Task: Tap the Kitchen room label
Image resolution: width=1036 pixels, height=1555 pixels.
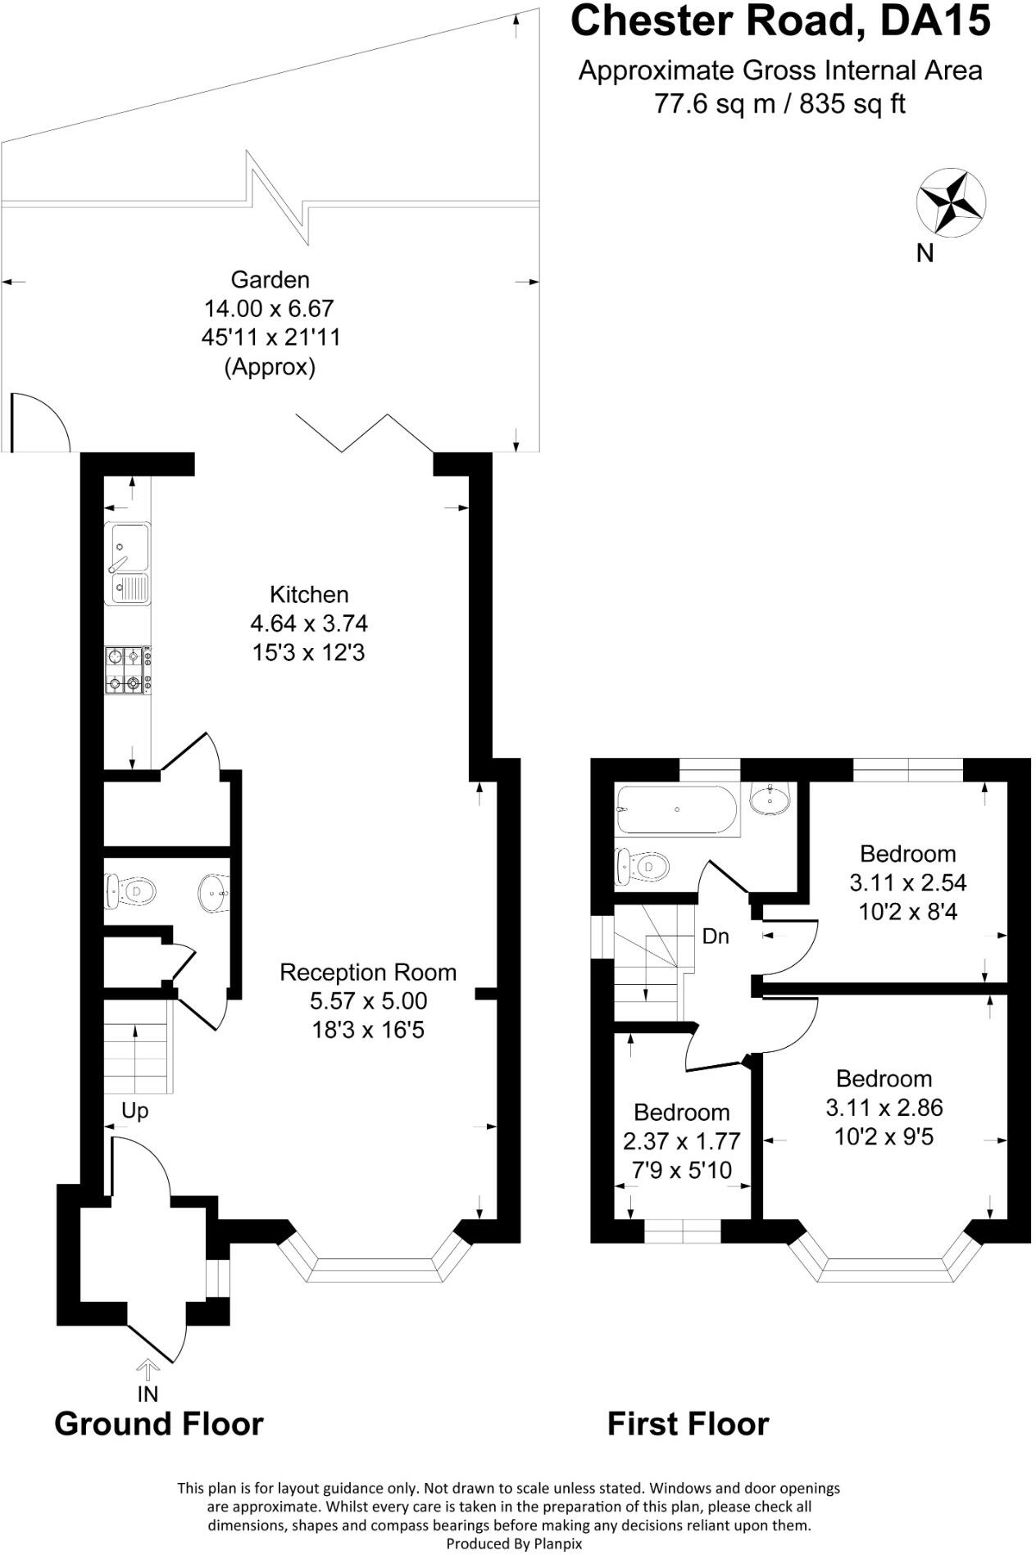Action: pyautogui.click(x=309, y=594)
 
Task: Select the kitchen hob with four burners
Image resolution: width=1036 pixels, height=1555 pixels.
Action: pyautogui.click(x=128, y=670)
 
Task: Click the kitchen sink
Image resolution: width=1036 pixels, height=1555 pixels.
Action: pyautogui.click(x=128, y=563)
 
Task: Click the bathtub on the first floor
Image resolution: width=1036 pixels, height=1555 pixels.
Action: pyautogui.click(x=677, y=809)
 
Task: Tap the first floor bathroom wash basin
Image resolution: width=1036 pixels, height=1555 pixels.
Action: pyautogui.click(x=770, y=798)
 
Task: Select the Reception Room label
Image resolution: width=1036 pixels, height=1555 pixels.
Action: pyautogui.click(x=367, y=972)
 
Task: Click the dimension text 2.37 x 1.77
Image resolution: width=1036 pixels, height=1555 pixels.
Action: pyautogui.click(x=681, y=1141)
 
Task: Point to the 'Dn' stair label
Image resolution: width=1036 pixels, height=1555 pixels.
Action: pyautogui.click(x=716, y=936)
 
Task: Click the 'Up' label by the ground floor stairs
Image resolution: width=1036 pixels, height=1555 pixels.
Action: pyautogui.click(x=134, y=1111)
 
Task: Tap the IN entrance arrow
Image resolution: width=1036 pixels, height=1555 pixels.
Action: pyautogui.click(x=148, y=1370)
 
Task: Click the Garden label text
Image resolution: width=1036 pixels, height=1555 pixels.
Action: pyautogui.click(x=270, y=279)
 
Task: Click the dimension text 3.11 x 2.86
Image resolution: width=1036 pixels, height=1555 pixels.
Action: pyautogui.click(x=884, y=1108)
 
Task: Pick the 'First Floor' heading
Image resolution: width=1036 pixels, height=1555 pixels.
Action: pyautogui.click(x=688, y=1425)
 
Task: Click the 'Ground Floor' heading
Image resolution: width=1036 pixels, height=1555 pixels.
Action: pyautogui.click(x=158, y=1425)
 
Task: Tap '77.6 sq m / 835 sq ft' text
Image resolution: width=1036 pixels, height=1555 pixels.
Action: pyautogui.click(x=779, y=104)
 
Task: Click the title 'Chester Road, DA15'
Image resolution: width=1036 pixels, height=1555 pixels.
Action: pyautogui.click(x=779, y=21)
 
